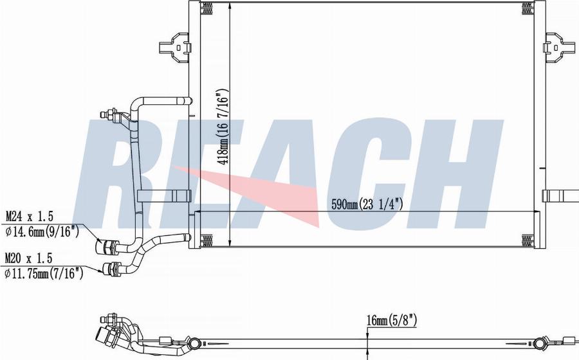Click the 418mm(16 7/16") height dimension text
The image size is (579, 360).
(x=224, y=126)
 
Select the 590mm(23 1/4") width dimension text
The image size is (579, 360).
(x=367, y=204)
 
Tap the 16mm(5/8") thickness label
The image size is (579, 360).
(x=392, y=320)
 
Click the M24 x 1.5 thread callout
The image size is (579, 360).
(x=29, y=216)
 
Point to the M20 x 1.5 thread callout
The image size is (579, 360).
(x=28, y=258)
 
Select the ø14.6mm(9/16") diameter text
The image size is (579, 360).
(x=42, y=231)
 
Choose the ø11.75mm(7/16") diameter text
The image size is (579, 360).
(x=44, y=273)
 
